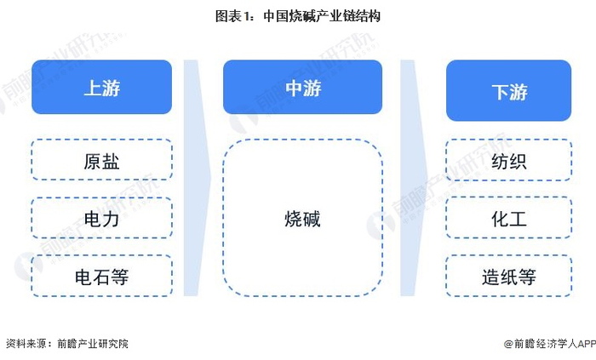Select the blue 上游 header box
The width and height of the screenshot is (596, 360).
101,87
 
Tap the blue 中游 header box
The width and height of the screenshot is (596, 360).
302,87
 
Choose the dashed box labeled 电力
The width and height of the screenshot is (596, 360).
101,219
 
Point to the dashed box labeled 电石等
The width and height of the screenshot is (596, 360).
101,276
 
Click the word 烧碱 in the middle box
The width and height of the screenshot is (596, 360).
302,219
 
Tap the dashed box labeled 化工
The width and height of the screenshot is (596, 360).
508,219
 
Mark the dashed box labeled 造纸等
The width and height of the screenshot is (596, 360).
508,276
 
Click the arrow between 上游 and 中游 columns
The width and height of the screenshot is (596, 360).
197,179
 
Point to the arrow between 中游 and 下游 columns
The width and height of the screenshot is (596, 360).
413,179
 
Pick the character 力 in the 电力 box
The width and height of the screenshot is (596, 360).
111,219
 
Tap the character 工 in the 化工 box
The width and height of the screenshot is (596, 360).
518,219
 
